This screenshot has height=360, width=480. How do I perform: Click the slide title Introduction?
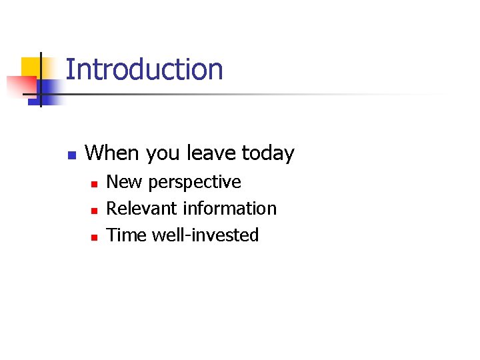coord(144,70)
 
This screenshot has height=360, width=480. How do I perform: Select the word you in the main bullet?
coord(164,154)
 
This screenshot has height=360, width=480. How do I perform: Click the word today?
coord(268,154)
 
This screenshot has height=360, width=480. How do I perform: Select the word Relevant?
coord(142,209)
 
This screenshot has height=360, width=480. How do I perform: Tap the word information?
coord(230,209)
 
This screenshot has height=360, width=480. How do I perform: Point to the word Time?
coord(127,235)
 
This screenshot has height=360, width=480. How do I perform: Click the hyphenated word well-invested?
coord(205,235)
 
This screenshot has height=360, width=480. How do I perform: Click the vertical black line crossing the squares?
coord(41,80)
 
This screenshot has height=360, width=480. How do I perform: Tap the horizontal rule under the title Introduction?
coord(253,94)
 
